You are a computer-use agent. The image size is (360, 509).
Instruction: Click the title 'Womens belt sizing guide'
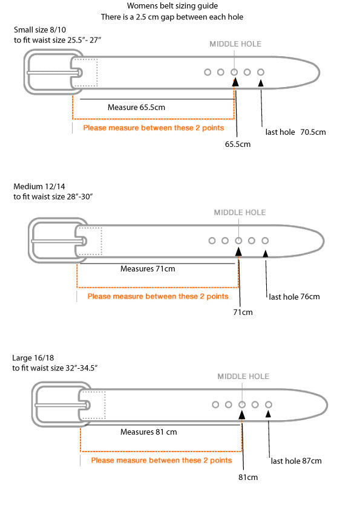(172, 6)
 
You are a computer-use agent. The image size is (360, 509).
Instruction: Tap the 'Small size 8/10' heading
(40, 30)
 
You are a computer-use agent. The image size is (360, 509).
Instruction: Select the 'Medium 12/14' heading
(39, 186)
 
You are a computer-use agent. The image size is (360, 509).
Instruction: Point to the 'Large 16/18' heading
(33, 358)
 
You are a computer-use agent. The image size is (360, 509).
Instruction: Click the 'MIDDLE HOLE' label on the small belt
(235, 44)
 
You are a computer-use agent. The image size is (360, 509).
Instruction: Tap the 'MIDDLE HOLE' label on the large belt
(243, 377)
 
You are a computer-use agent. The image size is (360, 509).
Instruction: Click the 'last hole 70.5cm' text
(295, 132)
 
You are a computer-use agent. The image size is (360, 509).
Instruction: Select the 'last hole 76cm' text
(294, 297)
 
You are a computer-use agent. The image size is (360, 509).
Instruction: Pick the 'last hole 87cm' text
(296, 461)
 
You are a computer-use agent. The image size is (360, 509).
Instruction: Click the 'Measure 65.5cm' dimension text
(136, 108)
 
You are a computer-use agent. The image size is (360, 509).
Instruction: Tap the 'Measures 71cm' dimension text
(148, 269)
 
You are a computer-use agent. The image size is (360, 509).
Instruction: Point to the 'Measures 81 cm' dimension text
(148, 432)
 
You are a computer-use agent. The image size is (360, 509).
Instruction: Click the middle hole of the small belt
(234, 72)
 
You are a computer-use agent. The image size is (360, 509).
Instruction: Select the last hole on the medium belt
(265, 241)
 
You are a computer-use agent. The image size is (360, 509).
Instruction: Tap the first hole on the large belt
(215, 404)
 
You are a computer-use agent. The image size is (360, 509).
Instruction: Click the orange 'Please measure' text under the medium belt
(158, 296)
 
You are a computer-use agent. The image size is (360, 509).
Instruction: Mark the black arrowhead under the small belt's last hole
(261, 83)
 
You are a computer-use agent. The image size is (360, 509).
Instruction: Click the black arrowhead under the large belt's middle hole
(242, 415)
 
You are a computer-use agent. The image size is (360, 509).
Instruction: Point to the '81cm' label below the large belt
(248, 477)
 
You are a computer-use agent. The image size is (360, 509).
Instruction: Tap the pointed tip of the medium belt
(324, 241)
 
